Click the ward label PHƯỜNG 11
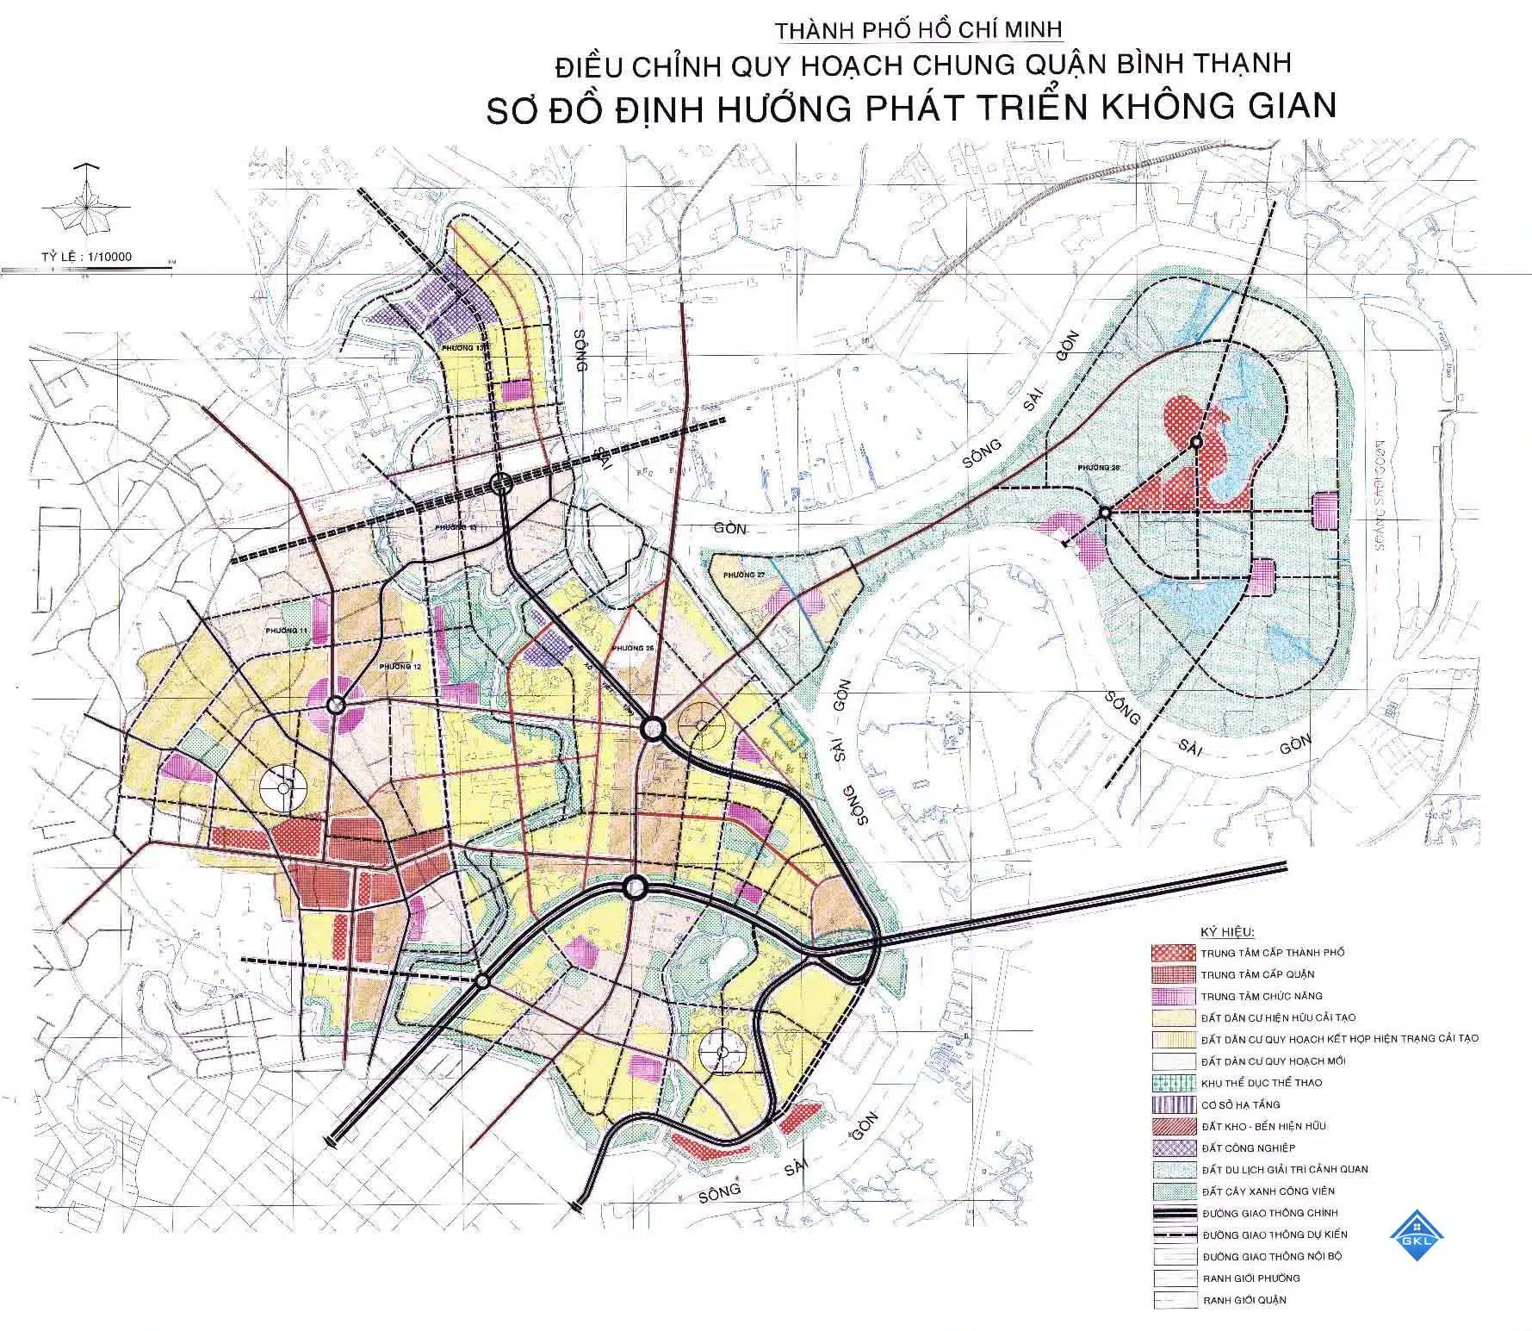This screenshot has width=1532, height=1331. tap(287, 631)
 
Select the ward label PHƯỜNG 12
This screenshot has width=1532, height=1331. tap(400, 668)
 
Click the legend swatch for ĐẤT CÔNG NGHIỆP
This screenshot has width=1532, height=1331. tap(1173, 1148)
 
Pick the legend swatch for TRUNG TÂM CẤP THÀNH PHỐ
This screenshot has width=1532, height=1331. tap(1173, 953)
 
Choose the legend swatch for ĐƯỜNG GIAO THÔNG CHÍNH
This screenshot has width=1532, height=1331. tap(1173, 1213)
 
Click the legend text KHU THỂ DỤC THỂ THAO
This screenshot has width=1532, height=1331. tap(1261, 1083)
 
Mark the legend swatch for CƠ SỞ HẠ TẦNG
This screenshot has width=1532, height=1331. tap(1173, 1104)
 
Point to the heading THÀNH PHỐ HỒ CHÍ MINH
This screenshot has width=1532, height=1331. tap(920, 30)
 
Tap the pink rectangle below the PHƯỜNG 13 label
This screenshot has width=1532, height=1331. tap(517, 390)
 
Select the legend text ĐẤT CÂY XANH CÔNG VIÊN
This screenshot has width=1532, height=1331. tap(1268, 1191)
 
